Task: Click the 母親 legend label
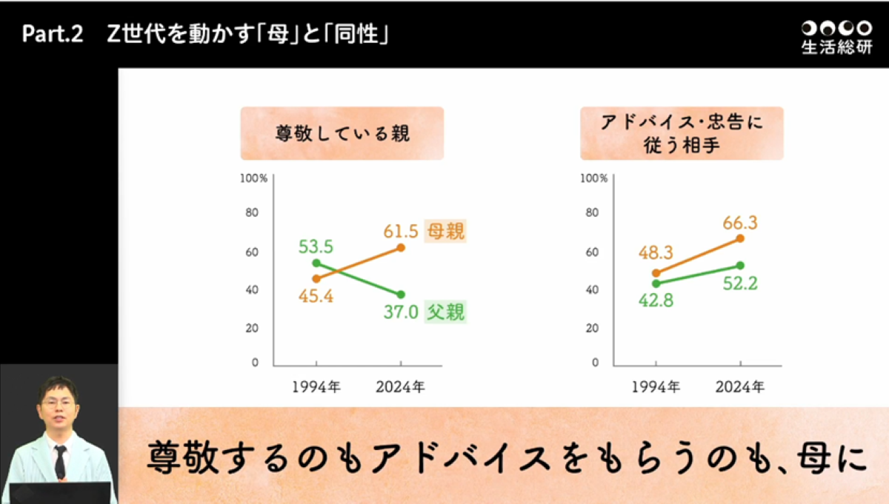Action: [444, 232]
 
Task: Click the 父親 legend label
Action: [444, 312]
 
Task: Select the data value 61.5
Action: [401, 231]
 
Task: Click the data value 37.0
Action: [400, 313]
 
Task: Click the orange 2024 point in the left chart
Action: [401, 248]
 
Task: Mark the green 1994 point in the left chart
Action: [316, 263]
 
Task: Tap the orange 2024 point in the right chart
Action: [739, 238]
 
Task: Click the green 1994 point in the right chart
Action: [656, 283]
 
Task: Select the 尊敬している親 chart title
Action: [342, 134]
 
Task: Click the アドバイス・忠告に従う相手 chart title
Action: [681, 134]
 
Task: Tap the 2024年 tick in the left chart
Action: [400, 387]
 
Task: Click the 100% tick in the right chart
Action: [593, 178]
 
